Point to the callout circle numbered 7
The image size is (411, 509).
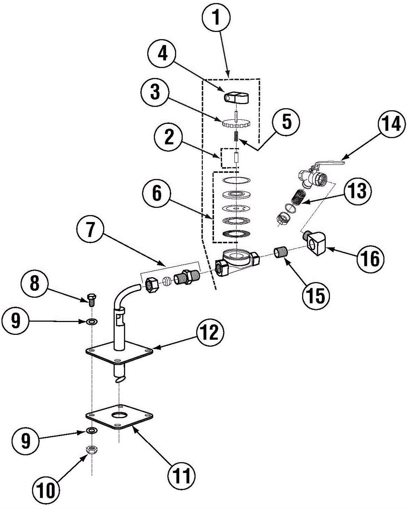coord(90,230)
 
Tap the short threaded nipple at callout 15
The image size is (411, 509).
coord(281,253)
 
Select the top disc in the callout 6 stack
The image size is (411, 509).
coord(236,180)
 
